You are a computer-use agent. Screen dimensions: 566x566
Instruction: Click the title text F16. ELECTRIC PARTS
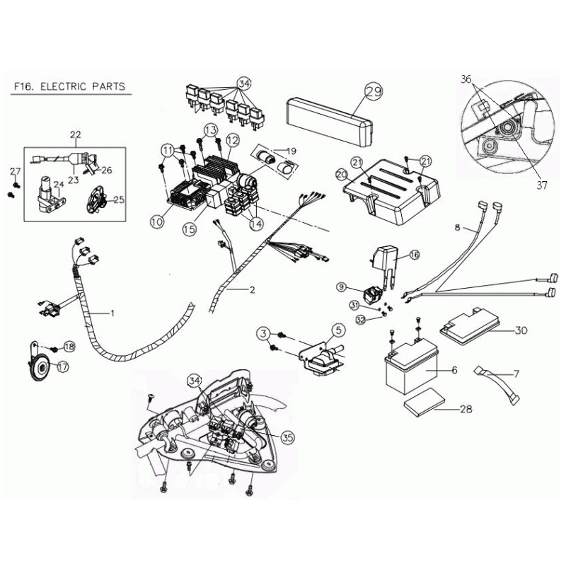point(69,87)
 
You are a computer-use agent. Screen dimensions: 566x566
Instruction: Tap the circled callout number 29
point(373,91)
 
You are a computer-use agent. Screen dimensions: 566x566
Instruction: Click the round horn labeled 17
point(40,364)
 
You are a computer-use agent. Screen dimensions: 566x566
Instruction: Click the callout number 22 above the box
point(76,133)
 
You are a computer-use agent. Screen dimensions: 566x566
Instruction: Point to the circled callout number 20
point(341,174)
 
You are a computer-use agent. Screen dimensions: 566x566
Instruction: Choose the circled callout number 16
point(415,253)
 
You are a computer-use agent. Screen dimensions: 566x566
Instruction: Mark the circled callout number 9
point(341,287)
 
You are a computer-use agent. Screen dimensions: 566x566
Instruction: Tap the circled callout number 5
point(337,329)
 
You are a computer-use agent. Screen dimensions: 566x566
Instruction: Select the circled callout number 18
point(69,346)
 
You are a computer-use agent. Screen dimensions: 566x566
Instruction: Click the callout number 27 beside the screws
point(15,172)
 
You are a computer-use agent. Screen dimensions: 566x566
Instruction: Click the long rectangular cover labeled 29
point(325,112)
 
